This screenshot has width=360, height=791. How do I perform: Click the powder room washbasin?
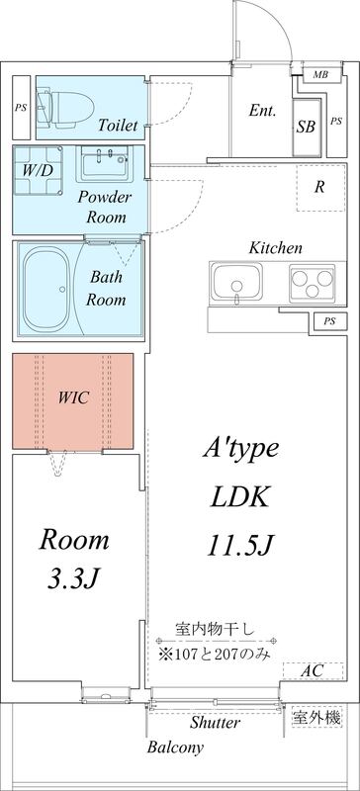pos(103,163)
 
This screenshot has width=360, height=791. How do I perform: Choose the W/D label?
pos(38,169)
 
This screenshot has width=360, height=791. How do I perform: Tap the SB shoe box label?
pos(308,128)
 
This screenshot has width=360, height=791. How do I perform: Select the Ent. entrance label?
pos(262,112)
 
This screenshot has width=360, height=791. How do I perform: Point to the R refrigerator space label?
pos(319,187)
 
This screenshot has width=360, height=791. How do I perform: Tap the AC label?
pos(313,671)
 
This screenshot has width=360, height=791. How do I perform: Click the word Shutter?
pos(215,724)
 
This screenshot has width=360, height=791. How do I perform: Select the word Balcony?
pos(175,747)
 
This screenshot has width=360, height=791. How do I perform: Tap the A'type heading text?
pos(241,450)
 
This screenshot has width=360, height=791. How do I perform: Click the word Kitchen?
pos(275,247)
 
